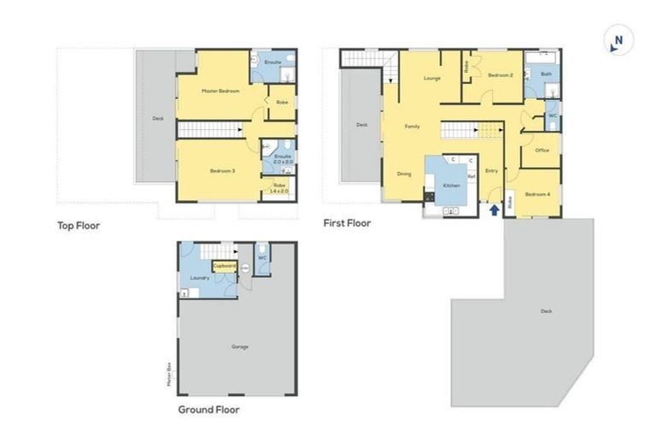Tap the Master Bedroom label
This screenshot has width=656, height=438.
(220, 91)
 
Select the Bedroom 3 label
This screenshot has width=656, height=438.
(222, 171)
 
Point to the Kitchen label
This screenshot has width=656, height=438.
(452, 185)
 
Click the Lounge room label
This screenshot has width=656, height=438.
(431, 79)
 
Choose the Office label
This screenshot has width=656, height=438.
(542, 150)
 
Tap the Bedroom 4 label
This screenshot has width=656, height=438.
(537, 194)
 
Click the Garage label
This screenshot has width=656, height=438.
(239, 346)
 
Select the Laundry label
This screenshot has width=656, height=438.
(200, 277)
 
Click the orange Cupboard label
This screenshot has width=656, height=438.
(225, 265)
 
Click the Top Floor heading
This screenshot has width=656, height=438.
(79, 226)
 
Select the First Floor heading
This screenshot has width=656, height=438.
(347, 223)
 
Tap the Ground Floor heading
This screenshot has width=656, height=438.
(208, 409)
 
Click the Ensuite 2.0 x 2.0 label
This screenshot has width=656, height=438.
(283, 159)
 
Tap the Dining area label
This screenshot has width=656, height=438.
(404, 174)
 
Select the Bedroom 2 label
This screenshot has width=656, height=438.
(501, 75)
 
